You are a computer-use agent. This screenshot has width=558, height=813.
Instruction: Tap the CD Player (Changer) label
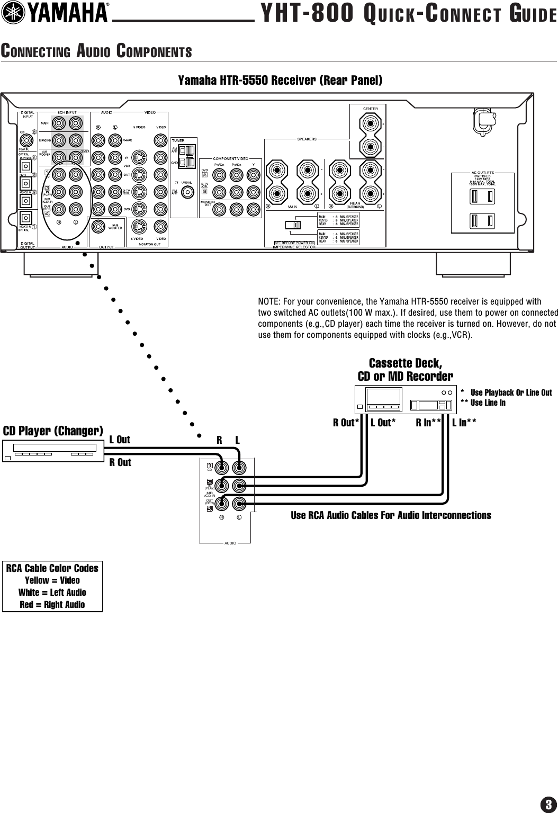coord(53,431)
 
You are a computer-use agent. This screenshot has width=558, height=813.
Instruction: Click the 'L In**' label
coord(464,423)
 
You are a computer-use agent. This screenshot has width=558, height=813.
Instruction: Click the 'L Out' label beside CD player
coord(120,440)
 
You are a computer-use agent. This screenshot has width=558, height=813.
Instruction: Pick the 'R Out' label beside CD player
coord(120,462)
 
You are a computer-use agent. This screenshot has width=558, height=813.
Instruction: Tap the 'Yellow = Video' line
coord(52,580)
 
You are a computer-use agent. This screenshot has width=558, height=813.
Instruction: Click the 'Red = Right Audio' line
coord(52,604)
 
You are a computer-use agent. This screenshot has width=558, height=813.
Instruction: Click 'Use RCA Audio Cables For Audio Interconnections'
coord(391,515)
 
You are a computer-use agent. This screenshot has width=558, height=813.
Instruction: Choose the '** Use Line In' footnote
coord(483,403)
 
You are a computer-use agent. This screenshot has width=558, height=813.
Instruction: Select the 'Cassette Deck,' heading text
coord(405,363)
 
